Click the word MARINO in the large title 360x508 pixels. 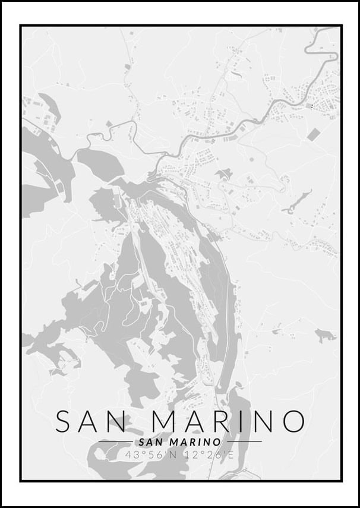coord(229,421)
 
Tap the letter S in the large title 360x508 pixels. coord(65,421)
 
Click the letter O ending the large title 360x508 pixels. coord(293,421)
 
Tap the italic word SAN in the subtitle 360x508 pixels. coord(149,442)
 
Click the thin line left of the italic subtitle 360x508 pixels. coord(115,442)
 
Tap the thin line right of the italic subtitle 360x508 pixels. coord(244,442)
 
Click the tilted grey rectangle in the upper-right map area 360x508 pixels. coord(314,134)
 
